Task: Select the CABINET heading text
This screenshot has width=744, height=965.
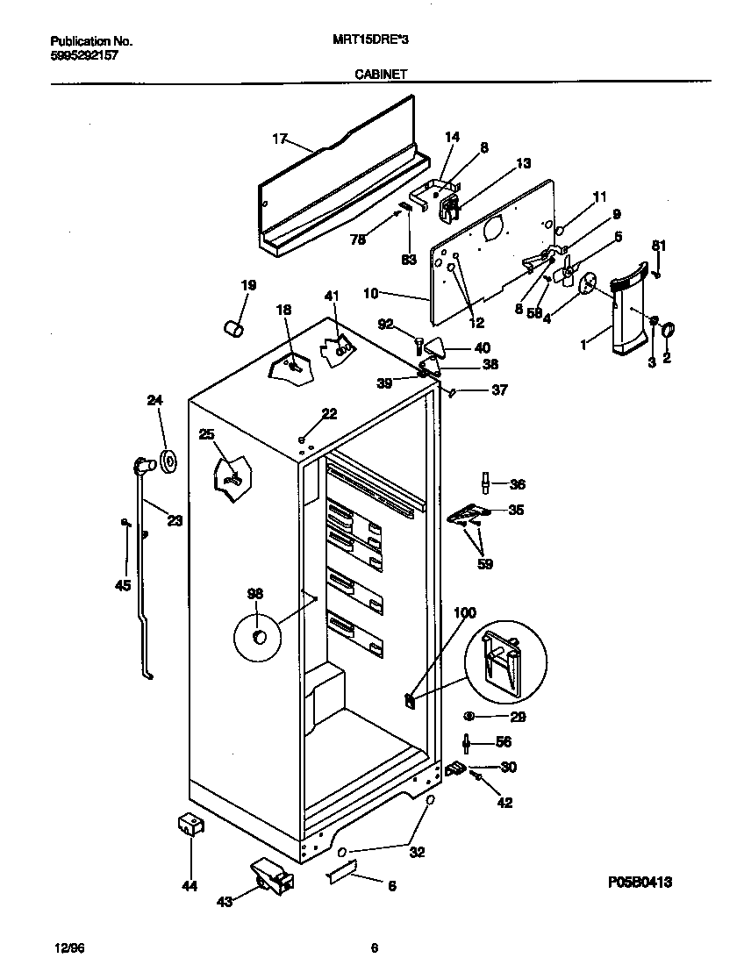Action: coord(380,75)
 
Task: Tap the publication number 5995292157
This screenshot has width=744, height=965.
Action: coord(84,54)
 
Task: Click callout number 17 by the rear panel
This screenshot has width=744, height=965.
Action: coord(279,139)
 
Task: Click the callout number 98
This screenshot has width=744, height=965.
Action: coord(254,595)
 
